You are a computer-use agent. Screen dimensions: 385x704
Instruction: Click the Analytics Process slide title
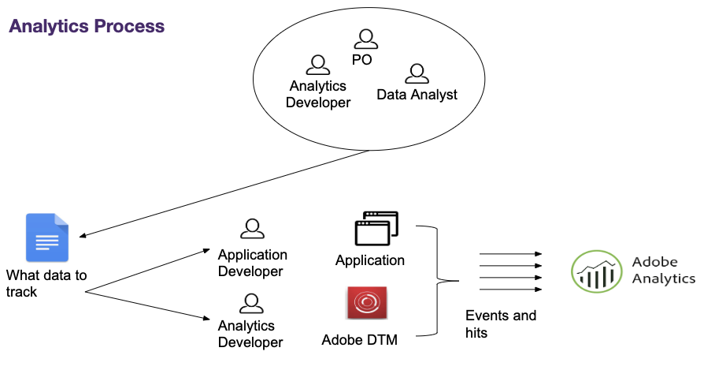(87, 26)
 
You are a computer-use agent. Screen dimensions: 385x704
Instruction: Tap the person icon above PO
(365, 39)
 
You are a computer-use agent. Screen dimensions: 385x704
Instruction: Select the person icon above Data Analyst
(416, 73)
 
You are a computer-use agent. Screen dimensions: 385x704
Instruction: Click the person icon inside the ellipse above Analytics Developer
(317, 65)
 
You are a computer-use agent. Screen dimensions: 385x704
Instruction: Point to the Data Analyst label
(417, 95)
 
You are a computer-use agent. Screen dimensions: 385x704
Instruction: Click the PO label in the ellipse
(361, 59)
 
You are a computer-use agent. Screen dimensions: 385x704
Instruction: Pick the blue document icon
(47, 237)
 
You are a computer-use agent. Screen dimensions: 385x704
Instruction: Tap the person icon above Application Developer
(252, 229)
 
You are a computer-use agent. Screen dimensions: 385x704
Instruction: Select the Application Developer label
(252, 264)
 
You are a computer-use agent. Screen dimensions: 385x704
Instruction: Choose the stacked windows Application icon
(376, 229)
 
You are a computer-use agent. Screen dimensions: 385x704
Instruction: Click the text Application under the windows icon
(370, 260)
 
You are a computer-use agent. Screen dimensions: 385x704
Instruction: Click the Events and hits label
(501, 324)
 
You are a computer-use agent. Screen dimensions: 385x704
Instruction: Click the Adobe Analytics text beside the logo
(663, 270)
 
